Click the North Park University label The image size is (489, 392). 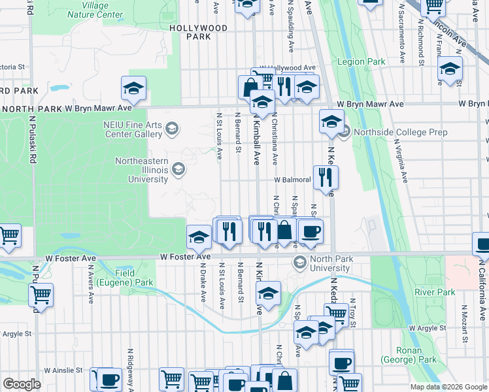coord(331,263)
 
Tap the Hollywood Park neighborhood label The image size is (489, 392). coord(197,32)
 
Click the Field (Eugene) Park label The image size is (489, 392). coord(125,278)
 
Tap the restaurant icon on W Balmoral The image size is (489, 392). coord(325,176)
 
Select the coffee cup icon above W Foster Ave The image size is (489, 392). coord(311,230)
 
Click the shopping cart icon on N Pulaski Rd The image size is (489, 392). coord(41,295)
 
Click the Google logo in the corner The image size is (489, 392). coord(22,384)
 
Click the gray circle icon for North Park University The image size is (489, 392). coord(300,263)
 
